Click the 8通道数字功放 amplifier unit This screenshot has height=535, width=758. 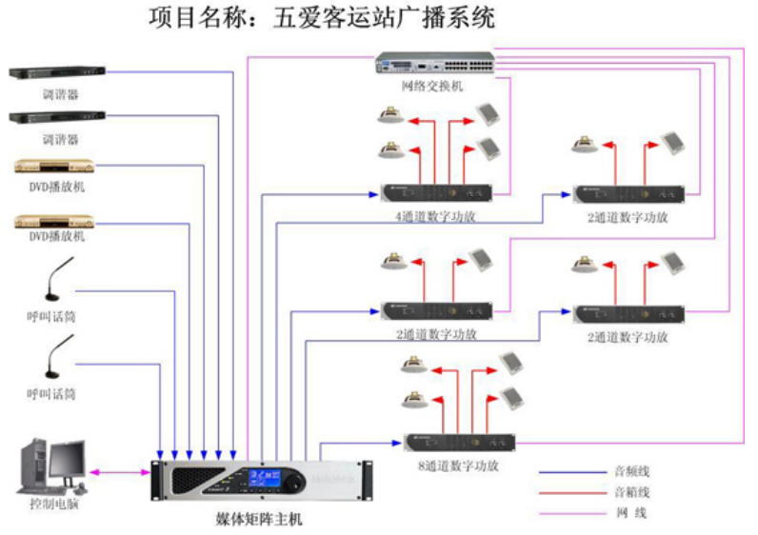coord(460,444)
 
